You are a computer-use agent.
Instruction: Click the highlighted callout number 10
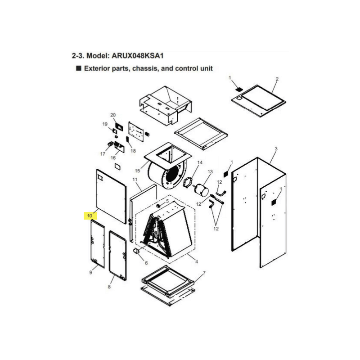[x=90, y=216]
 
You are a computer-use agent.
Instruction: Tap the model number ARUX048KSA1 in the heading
[x=138, y=56]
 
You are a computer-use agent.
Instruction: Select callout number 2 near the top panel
[x=277, y=79]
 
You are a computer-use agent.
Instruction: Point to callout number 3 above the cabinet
[x=276, y=149]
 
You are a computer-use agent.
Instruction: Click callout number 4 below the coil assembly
[x=197, y=261]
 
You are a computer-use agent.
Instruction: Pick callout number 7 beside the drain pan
[x=204, y=273]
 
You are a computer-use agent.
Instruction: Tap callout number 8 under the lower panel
[x=109, y=287]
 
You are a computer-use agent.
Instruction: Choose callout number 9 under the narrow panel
[x=91, y=273]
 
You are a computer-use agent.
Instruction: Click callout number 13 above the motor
[x=210, y=172]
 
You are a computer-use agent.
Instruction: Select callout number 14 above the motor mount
[x=200, y=162]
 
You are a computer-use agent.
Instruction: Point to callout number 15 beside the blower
[x=138, y=171]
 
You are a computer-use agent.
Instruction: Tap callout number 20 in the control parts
[x=113, y=115]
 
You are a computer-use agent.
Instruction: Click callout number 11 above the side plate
[x=135, y=180]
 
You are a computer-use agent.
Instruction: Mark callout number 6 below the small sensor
[x=146, y=263]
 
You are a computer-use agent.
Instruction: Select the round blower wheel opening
[x=173, y=175]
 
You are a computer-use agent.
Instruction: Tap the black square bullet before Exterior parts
[x=79, y=68]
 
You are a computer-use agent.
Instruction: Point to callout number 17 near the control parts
[x=103, y=154]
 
